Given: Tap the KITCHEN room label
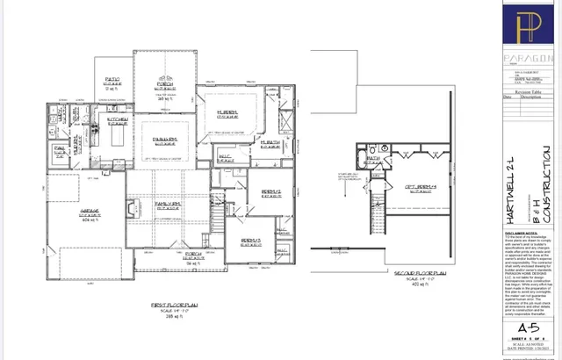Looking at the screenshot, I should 118,119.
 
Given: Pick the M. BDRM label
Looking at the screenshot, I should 229,113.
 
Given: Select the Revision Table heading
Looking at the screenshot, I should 530,90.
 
